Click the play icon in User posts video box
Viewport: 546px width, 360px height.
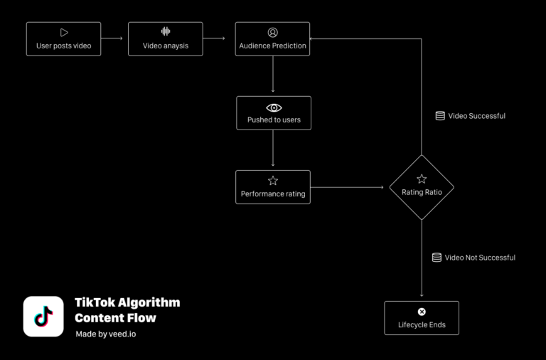tap(64, 32)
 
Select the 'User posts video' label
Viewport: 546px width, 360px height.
tap(63, 46)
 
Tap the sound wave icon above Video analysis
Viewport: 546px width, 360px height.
tap(166, 32)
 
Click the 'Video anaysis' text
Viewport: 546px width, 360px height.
tap(166, 46)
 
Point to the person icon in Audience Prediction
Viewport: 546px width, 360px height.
tap(273, 32)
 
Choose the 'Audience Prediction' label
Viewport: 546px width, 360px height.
tap(273, 46)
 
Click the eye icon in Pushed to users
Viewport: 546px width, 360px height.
tap(274, 107)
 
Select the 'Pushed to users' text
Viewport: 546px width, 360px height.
tap(274, 120)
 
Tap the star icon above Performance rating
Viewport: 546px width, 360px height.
tap(273, 181)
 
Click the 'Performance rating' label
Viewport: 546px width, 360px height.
tap(273, 194)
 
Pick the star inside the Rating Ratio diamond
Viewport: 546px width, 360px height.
tap(422, 179)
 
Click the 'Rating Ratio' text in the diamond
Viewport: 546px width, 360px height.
tap(422, 193)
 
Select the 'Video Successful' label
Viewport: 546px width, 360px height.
tap(476, 116)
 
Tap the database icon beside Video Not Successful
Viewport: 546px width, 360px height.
tap(437, 258)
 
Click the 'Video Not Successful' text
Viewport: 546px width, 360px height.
tap(480, 258)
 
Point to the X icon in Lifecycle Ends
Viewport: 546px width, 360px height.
tap(422, 312)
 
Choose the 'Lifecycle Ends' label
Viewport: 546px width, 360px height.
tap(422, 326)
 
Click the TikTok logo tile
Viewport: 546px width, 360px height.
tap(43, 317)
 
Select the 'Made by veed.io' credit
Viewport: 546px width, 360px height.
tap(105, 334)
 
